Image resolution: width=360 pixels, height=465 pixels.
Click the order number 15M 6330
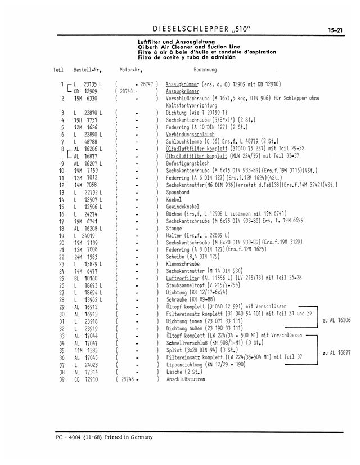pos(86,98)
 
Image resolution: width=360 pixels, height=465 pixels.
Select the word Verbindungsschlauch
pos(189,135)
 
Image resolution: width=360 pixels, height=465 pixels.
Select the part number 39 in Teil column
pos(61,379)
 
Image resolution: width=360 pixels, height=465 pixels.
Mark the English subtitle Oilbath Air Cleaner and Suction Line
pos(193,47)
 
